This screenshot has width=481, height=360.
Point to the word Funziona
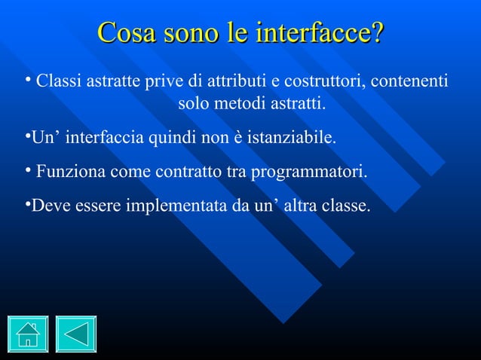(x=70, y=172)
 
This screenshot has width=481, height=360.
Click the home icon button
(x=28, y=334)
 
